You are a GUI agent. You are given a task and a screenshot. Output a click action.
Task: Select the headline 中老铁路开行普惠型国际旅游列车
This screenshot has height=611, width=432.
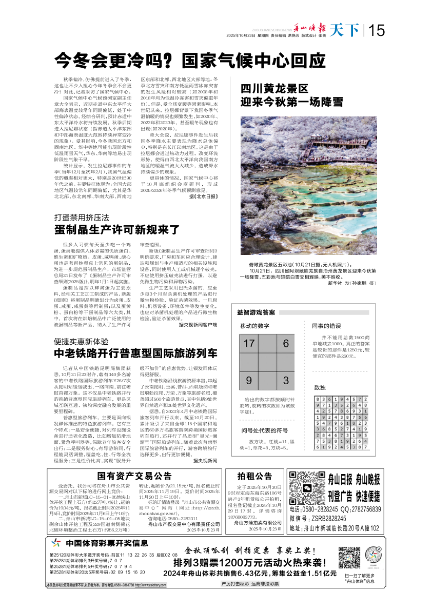pos(136,353)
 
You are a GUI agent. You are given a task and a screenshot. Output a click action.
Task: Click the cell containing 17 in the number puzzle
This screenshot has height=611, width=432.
pos(249,344)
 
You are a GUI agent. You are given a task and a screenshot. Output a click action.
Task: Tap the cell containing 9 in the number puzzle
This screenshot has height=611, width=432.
pos(249,381)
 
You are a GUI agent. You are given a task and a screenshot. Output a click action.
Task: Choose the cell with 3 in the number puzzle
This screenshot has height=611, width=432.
pos(286,381)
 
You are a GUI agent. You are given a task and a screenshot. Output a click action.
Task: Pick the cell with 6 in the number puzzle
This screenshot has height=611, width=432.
pos(286,344)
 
